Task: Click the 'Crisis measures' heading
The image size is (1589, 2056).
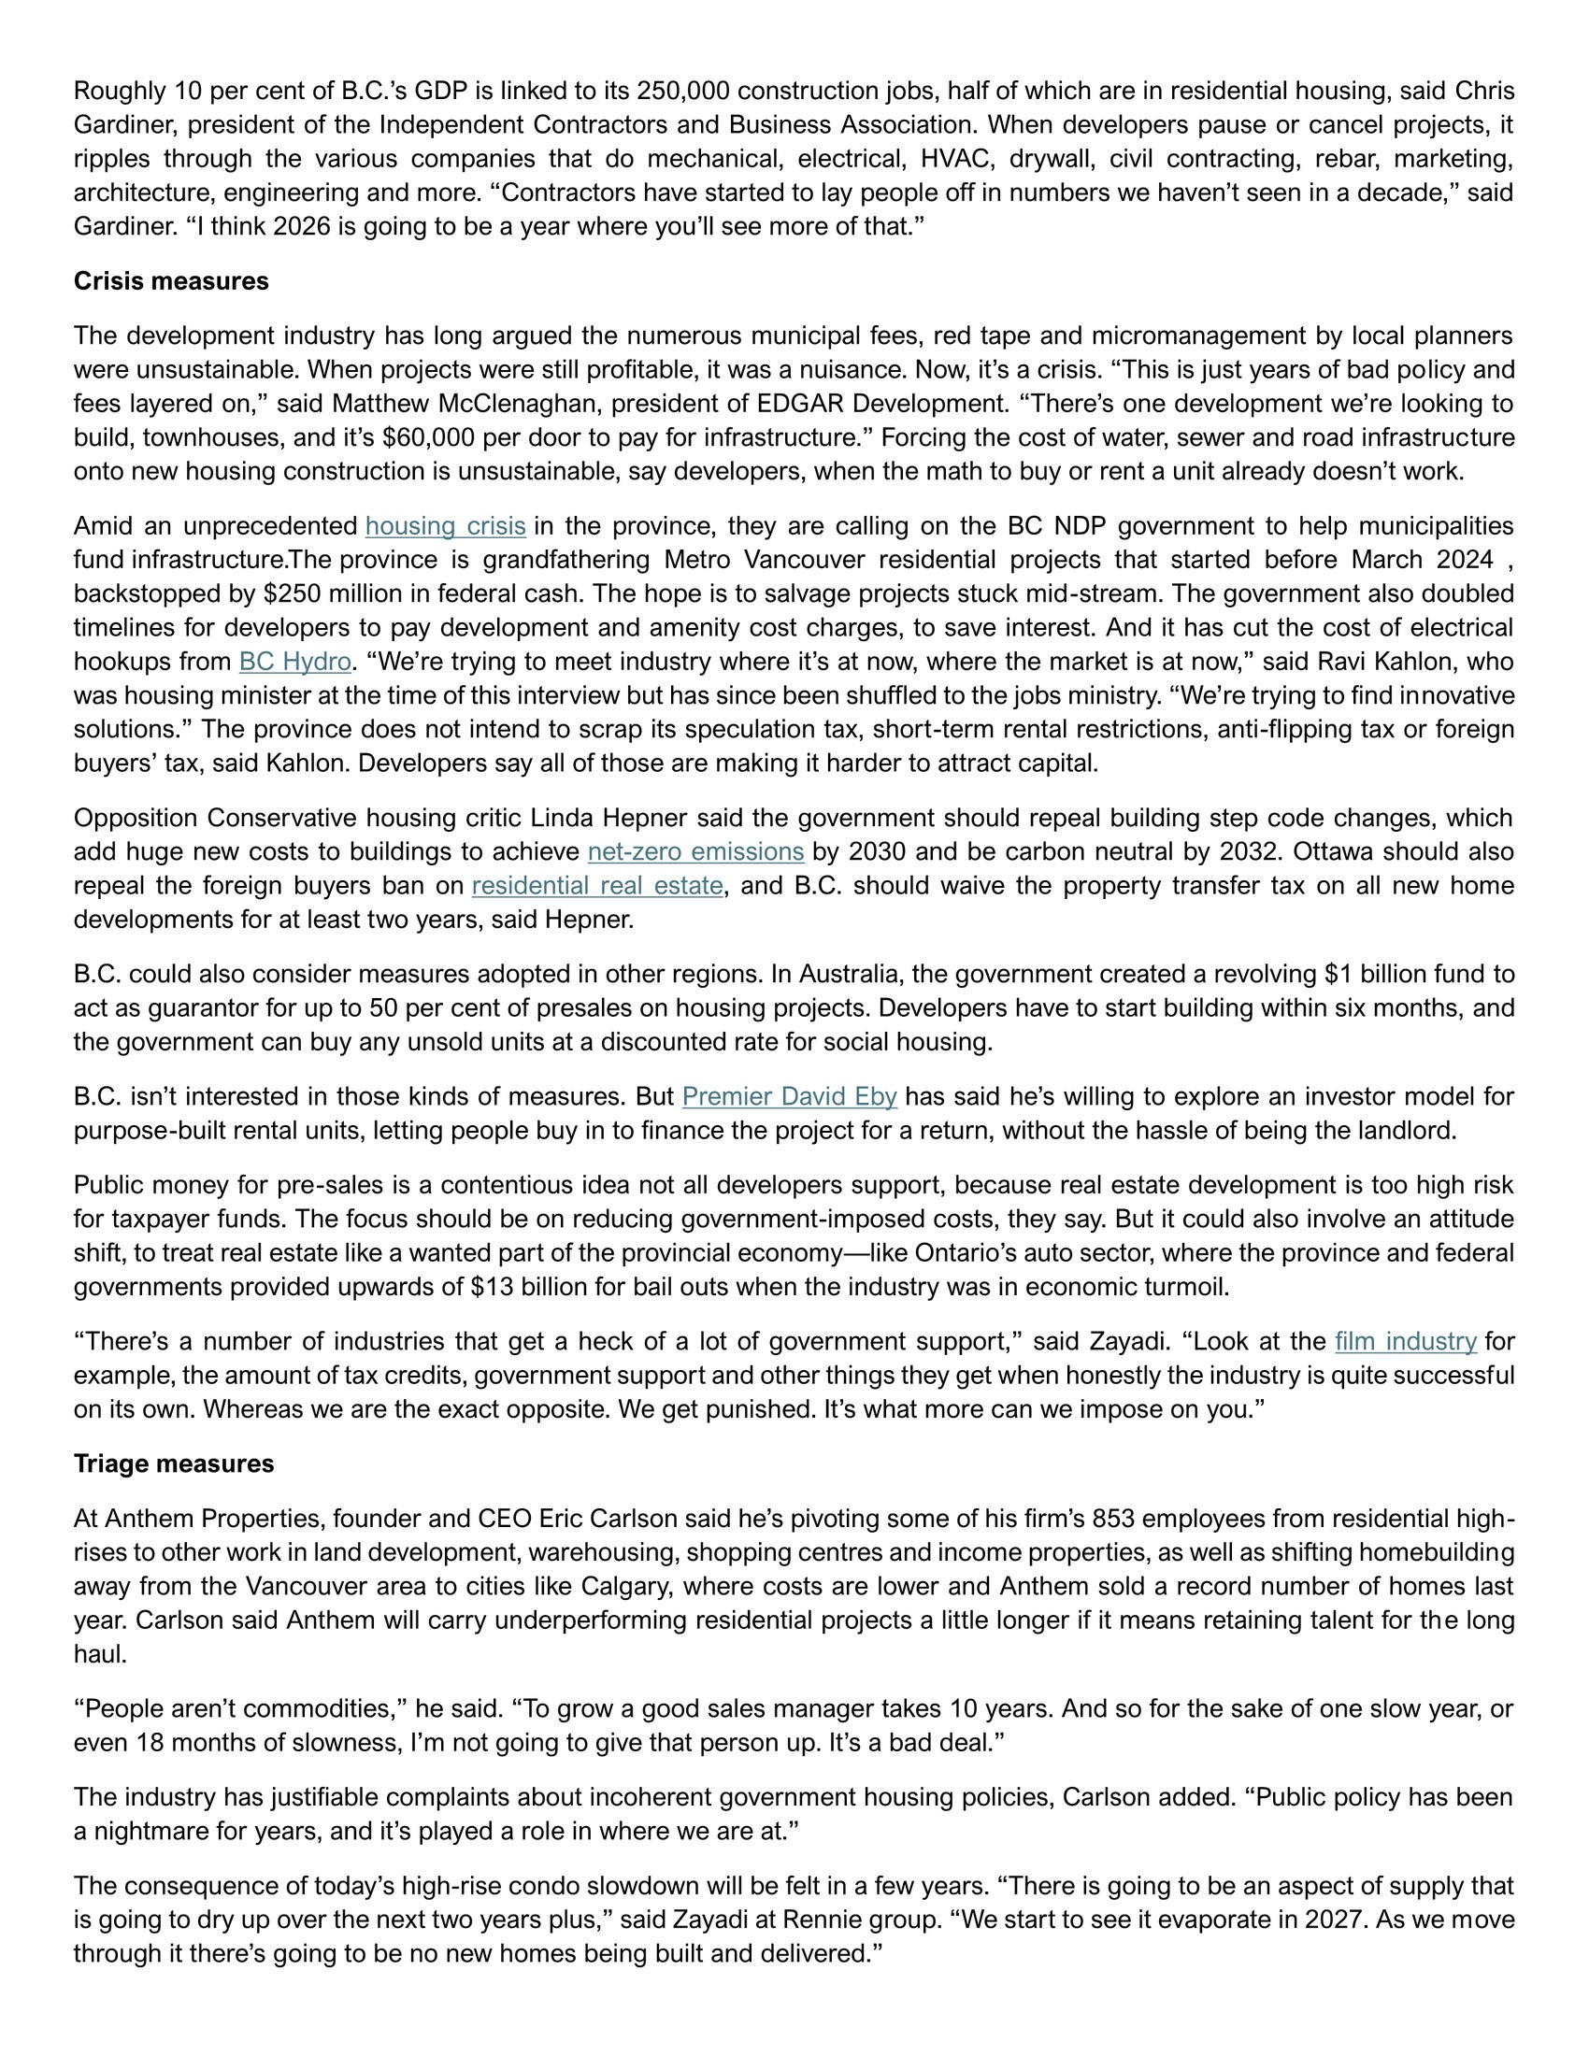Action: coord(170,281)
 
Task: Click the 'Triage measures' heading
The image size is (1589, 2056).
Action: coord(173,1463)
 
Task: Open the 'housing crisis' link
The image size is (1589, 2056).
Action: coord(445,526)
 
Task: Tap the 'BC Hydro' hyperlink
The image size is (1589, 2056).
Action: coord(294,662)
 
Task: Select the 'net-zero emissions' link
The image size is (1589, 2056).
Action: coord(695,852)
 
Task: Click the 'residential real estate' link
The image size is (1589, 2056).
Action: coord(597,886)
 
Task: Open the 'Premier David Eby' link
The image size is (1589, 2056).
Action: coord(789,1097)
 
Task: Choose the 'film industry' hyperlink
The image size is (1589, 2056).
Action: coord(1406,1341)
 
